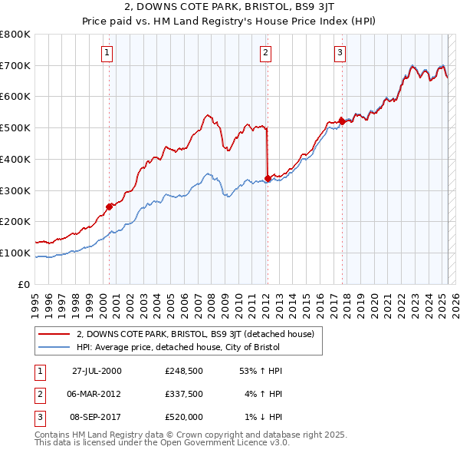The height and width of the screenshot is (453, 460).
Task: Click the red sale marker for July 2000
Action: coord(110,206)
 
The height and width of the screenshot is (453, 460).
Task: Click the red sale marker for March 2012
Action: coord(268,178)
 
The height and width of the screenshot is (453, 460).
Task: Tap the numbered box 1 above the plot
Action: coord(106,53)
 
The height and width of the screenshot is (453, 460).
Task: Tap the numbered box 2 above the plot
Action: coord(264,53)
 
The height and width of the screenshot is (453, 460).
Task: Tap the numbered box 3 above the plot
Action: coord(339,53)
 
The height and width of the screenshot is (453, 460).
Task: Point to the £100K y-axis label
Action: coord(16,253)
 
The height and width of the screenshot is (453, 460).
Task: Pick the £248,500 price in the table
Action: coord(184,372)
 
